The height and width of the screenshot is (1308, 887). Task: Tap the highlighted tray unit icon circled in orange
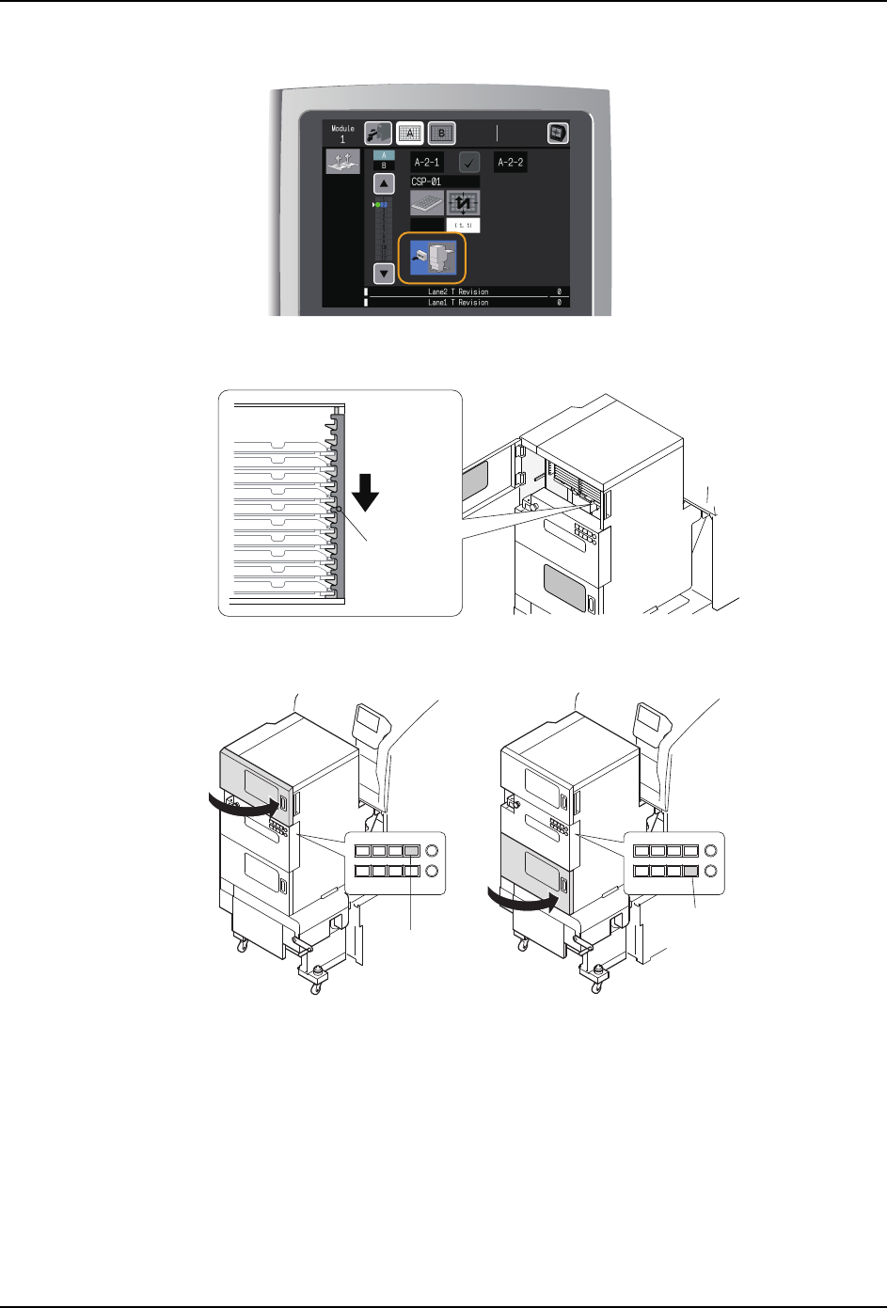tap(432, 258)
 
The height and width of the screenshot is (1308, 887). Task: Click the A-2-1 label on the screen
tap(427, 163)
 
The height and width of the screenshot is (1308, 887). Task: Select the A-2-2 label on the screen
tap(510, 163)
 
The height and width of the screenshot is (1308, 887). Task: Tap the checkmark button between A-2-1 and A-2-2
tap(468, 163)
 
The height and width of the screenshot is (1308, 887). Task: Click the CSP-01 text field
tap(444, 181)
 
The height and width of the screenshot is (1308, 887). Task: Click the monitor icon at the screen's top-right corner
tap(559, 133)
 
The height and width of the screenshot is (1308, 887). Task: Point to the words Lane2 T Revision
tap(458, 292)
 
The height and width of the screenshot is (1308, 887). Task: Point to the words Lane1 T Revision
tap(458, 303)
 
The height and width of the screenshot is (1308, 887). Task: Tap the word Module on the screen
tap(342, 128)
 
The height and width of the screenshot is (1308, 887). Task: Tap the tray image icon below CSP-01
tap(427, 203)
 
